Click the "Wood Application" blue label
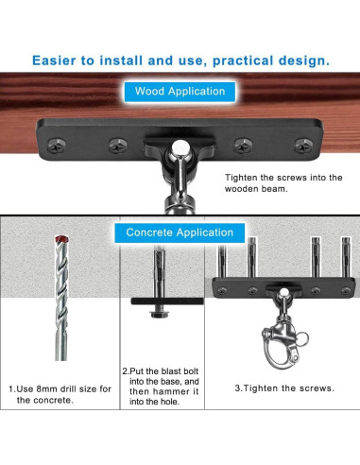pos(180,92)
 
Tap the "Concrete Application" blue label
pos(180,232)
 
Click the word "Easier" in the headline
pos(54,60)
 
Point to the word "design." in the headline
pos(304,60)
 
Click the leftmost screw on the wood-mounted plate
pos(57,146)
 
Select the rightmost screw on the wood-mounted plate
pos(303,146)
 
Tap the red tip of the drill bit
pos(61,239)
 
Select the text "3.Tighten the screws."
pos(284,388)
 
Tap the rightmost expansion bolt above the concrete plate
pos(346,257)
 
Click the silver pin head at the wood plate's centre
pos(180,148)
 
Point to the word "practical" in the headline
pos(243,60)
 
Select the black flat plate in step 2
pos(167,301)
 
